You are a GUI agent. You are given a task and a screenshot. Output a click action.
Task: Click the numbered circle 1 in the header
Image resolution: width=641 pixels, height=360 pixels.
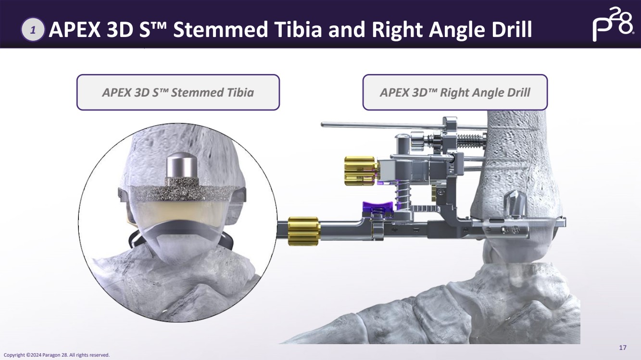coord(33,30)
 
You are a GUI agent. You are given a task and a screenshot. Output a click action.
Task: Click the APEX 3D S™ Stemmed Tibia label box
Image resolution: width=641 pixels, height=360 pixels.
coord(178,92)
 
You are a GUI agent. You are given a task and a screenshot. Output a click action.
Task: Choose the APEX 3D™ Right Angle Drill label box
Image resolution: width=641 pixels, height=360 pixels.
coord(455,92)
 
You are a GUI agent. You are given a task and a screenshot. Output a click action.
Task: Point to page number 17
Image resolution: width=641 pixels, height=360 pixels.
coord(623,348)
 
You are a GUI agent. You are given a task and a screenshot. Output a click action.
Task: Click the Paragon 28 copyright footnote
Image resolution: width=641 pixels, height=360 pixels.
coord(57,355)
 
